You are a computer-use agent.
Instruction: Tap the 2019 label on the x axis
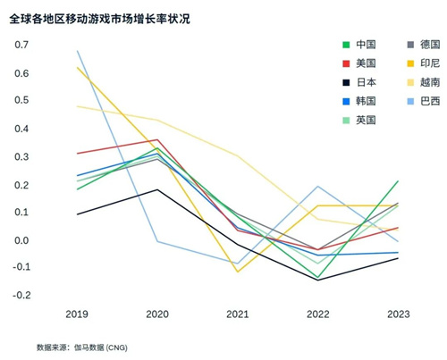pos(78,314)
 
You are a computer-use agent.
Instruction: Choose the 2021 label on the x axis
pos(237,314)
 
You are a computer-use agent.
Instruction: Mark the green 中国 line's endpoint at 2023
pos(397,181)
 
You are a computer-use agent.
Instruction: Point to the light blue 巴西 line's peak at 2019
pos(78,51)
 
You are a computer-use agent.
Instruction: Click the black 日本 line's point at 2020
pos(157,189)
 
